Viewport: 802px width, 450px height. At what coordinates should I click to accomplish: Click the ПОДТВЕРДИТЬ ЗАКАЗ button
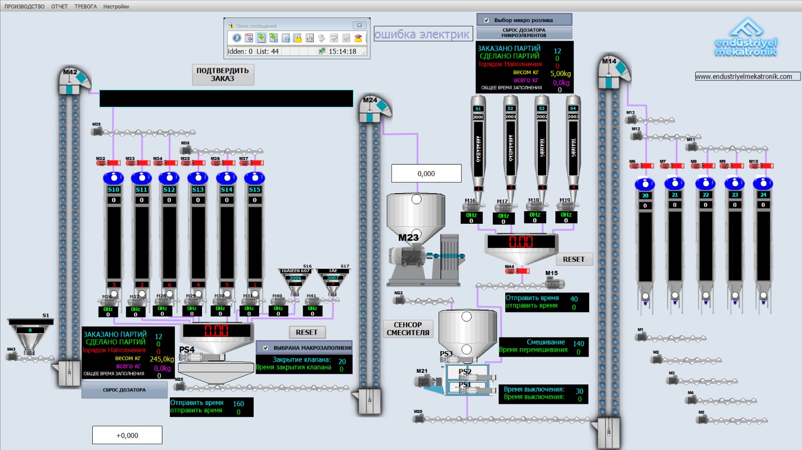(223, 75)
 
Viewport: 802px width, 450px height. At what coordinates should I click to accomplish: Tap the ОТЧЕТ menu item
(59, 7)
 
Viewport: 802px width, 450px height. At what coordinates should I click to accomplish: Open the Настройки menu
(116, 7)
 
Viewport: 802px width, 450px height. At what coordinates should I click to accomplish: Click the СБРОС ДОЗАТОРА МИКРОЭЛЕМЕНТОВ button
(524, 33)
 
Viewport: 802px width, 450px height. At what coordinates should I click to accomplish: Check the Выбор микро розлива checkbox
(486, 21)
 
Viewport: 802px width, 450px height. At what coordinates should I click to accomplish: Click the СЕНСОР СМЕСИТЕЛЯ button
(408, 329)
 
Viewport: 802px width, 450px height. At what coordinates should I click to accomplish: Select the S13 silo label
(198, 190)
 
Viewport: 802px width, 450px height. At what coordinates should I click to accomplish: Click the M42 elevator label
(70, 72)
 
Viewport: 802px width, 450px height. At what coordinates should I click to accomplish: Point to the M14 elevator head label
(609, 61)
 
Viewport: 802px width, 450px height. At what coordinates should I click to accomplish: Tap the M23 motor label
(408, 238)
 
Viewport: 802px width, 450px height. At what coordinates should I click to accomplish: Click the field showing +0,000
(127, 435)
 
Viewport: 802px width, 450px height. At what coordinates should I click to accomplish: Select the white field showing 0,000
(426, 174)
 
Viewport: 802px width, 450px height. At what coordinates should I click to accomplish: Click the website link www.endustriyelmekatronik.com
(747, 77)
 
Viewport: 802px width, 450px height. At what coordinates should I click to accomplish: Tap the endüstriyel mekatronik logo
(746, 38)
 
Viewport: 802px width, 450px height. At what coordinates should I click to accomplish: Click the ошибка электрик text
(422, 35)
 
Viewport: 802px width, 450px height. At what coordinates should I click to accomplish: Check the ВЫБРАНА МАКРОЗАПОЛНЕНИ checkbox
(266, 348)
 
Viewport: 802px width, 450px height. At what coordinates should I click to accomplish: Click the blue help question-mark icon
(237, 38)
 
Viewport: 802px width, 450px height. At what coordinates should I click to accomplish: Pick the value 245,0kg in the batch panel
(161, 359)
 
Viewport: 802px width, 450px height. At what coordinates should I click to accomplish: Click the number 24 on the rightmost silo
(763, 195)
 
